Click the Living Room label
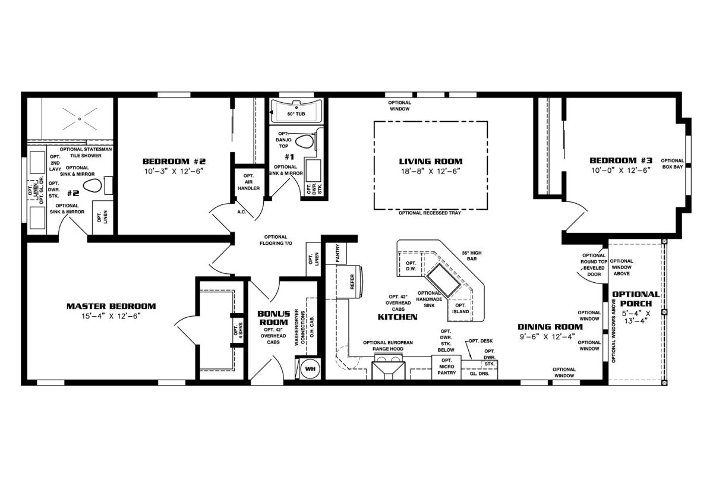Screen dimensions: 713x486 tap(431, 162)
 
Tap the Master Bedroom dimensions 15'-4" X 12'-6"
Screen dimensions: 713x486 tap(111, 316)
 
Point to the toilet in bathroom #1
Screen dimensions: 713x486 tap(305, 141)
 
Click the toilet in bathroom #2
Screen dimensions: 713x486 tap(93, 185)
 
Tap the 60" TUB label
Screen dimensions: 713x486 tap(296, 113)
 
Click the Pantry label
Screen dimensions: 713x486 tap(337, 253)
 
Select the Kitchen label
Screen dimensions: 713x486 tap(397, 317)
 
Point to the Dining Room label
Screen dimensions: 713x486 tap(550, 327)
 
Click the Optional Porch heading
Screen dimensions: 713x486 tap(636, 299)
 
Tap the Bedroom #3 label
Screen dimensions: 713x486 tap(621, 160)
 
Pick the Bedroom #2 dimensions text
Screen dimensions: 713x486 tap(173, 171)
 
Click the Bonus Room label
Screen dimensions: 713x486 tap(274, 318)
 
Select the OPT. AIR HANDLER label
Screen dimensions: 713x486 tap(248, 182)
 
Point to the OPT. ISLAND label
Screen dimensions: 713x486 tap(460, 308)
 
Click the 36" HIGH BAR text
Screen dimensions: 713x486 tap(472, 256)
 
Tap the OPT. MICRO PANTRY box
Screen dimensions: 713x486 tap(446, 367)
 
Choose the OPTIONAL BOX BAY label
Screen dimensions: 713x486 tap(672, 163)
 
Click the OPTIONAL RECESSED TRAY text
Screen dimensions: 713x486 tap(430, 213)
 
